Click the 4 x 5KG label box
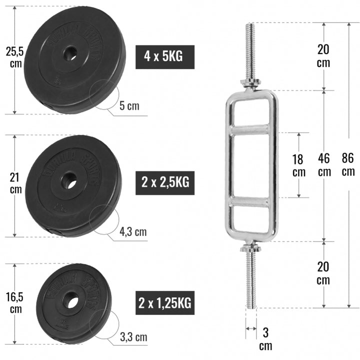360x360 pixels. coord(165,56)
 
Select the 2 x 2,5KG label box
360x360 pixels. coord(165,182)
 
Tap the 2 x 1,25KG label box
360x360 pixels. coord(164,302)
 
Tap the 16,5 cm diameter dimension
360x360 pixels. coord(15,302)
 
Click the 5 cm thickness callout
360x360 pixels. coord(129,106)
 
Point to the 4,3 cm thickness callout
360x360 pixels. coord(133,231)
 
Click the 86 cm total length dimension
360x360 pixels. coord(348,164)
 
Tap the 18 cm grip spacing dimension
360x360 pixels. coord(298,164)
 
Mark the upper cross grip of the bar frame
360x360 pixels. coord(251,130)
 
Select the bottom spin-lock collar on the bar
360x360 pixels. coord(251,247)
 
